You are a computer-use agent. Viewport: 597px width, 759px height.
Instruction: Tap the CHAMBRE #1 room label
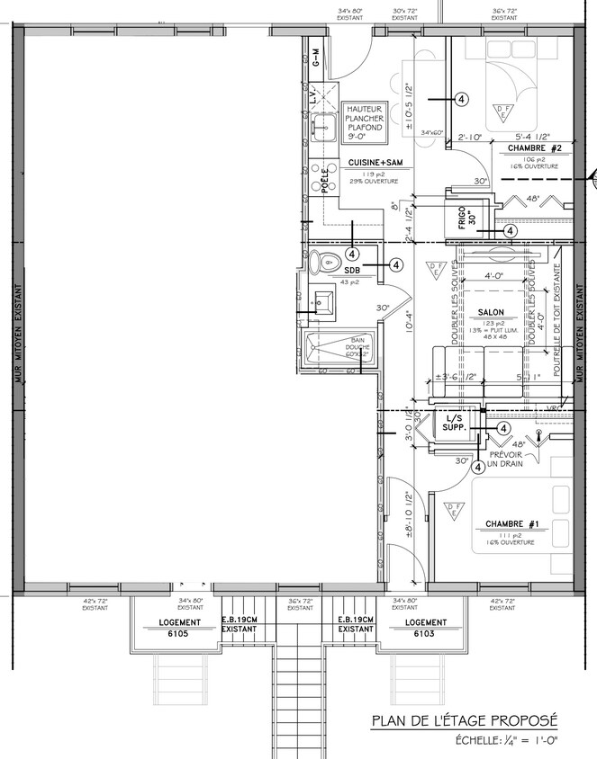point(511,523)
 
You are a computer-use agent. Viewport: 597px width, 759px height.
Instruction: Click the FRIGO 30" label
point(464,219)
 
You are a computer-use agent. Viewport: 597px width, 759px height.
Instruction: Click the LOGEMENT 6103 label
point(425,628)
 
